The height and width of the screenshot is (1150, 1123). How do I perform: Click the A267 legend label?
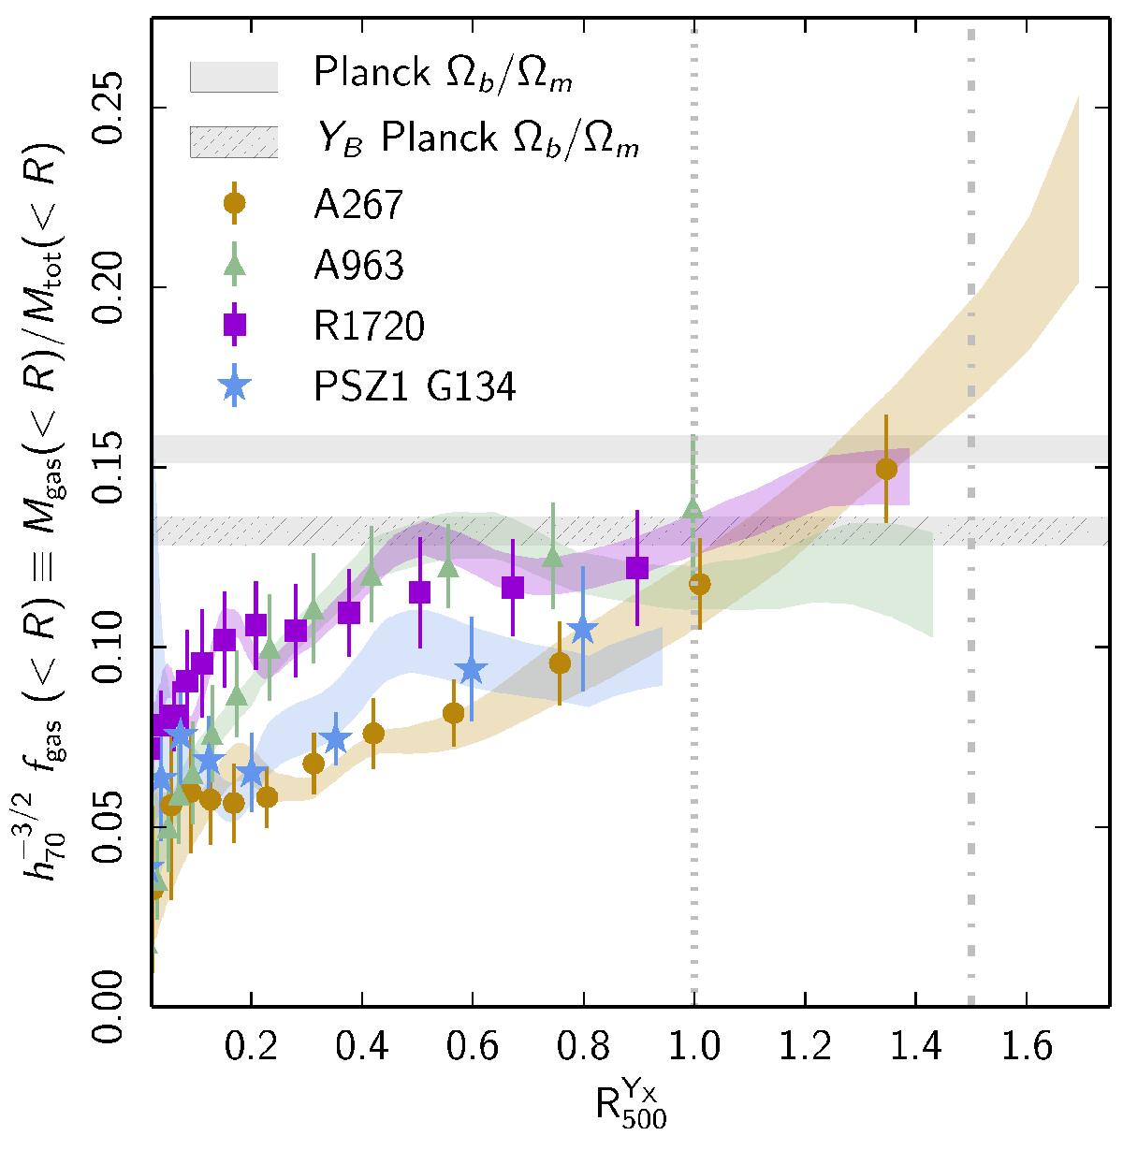tap(357, 205)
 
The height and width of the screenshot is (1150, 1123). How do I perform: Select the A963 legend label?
tap(359, 266)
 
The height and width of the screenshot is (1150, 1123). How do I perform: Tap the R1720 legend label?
tap(369, 326)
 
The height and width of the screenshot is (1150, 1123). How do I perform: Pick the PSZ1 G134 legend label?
tap(415, 386)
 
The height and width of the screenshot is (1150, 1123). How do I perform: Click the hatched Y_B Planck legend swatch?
tap(234, 142)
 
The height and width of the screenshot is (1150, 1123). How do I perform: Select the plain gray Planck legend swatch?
tap(234, 78)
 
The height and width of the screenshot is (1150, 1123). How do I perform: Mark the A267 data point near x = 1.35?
tap(886, 469)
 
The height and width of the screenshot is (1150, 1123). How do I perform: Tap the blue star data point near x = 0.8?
tap(582, 630)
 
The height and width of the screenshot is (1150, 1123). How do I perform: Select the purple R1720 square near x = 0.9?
tap(637, 568)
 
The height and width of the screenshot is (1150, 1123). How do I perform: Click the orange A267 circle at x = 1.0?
tap(699, 584)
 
